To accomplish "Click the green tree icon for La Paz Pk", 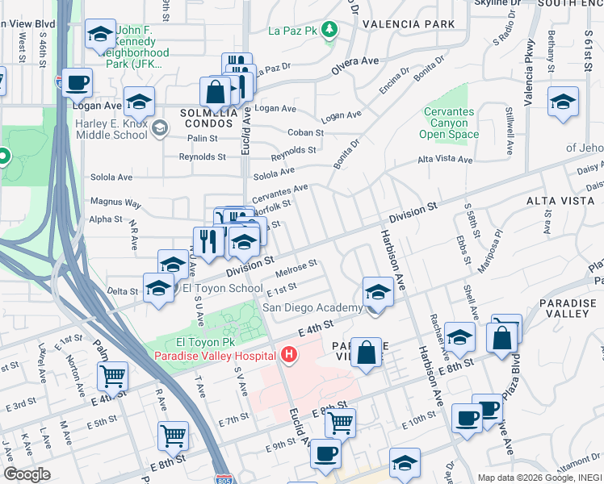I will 329,31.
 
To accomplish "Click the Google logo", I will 26,474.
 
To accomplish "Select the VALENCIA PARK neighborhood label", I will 409,24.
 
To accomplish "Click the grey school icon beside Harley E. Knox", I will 160,127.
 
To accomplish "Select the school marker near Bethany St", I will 563,102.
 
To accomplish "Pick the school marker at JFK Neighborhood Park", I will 100,35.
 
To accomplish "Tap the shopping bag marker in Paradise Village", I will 367,353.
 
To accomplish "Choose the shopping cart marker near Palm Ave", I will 112,375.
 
